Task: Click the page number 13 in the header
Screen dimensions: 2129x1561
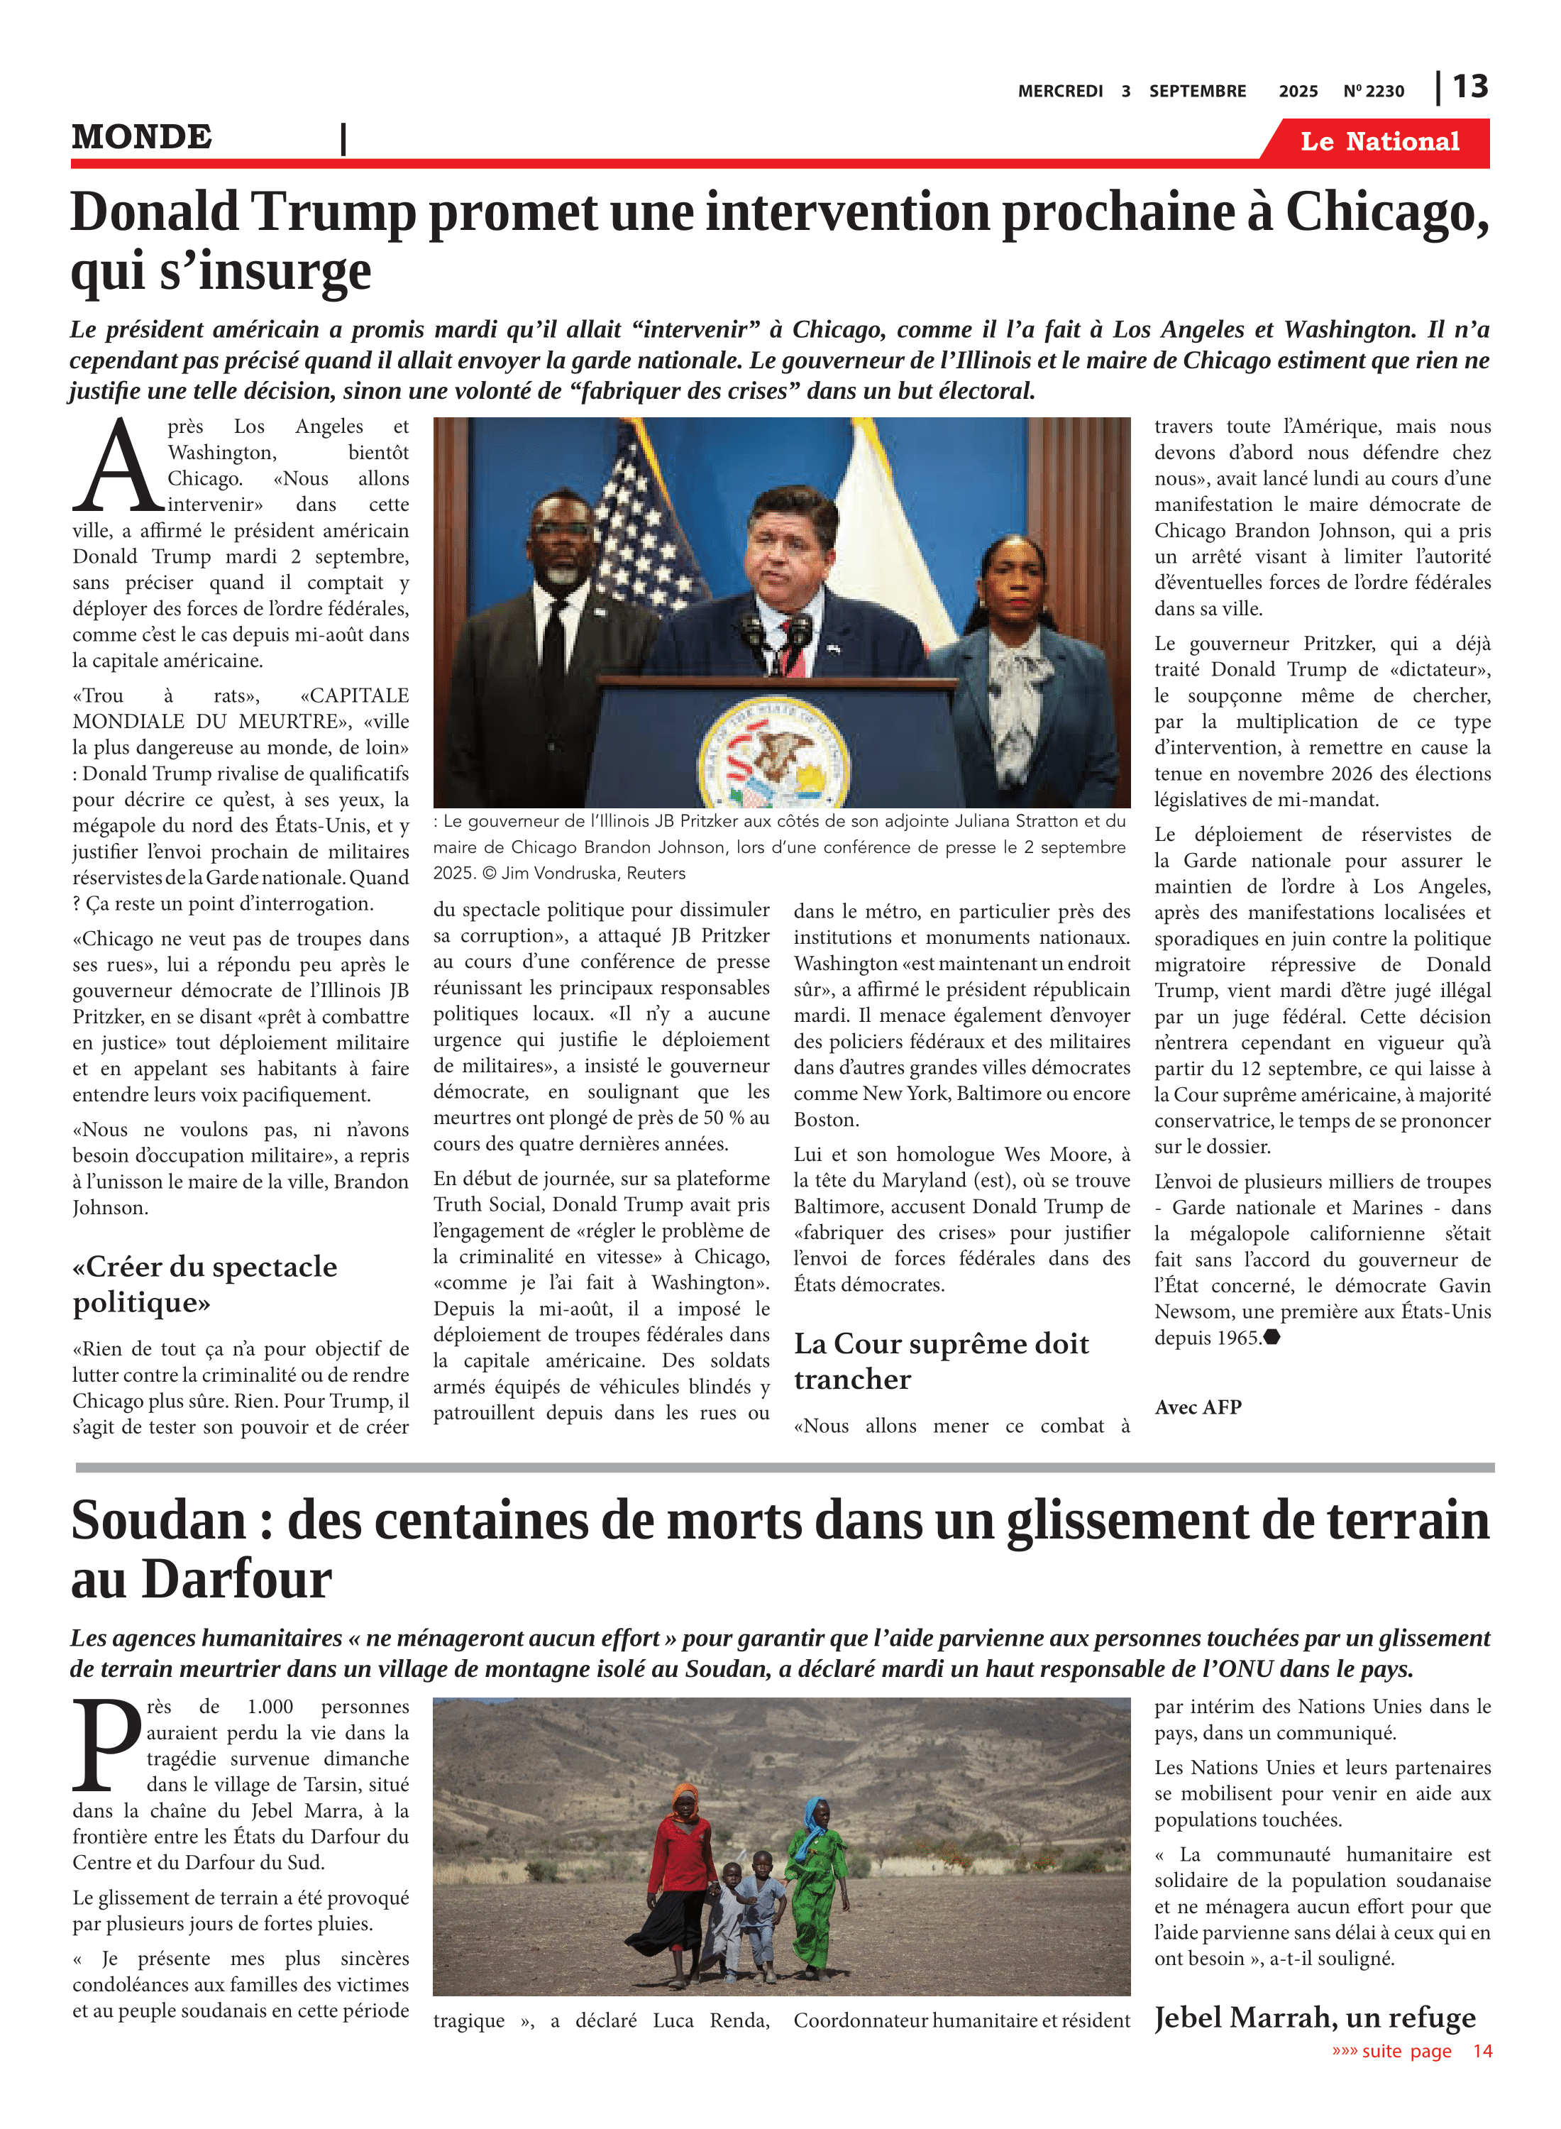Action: (x=1469, y=87)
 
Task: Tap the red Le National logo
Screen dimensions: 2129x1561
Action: (x=1379, y=142)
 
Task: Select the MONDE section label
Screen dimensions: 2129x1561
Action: (x=142, y=137)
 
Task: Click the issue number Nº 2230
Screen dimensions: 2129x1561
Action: (x=1373, y=92)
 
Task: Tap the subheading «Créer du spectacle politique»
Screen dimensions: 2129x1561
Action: (x=204, y=1284)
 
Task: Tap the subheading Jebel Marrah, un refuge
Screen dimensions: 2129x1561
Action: (x=1313, y=2018)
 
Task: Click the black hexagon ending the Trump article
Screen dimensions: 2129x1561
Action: (x=1272, y=1337)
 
